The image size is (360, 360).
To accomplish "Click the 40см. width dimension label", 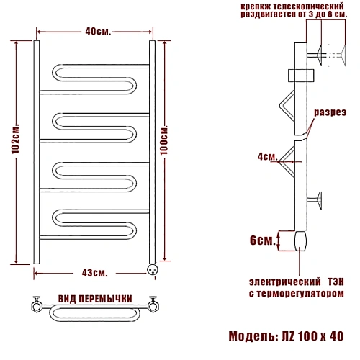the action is click(98, 32).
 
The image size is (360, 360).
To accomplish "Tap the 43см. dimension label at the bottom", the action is click(95, 273).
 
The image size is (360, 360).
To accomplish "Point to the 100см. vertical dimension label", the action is click(164, 140).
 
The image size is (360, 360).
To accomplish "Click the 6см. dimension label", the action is click(262, 240).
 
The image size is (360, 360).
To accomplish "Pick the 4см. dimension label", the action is click(268, 156).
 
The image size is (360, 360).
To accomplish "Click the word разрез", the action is click(330, 112).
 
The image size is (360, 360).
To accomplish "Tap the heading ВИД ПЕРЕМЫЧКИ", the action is click(95, 299).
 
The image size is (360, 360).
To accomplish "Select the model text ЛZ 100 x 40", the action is click(312, 336).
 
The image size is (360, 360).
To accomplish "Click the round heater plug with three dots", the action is click(153, 270).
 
